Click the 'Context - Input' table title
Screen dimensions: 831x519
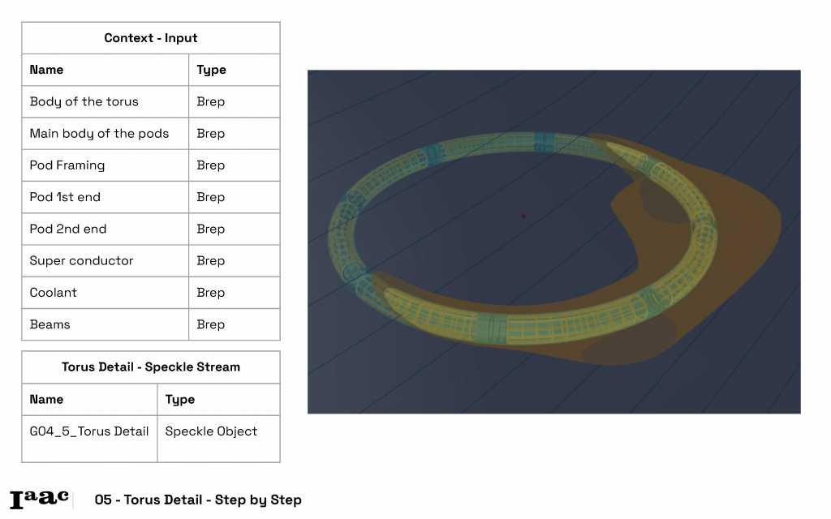pyautogui.click(x=150, y=38)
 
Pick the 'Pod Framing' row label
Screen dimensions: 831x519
pyautogui.click(x=67, y=165)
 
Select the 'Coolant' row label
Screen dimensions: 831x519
pyautogui.click(x=53, y=292)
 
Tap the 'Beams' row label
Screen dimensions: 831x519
pyautogui.click(x=50, y=324)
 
